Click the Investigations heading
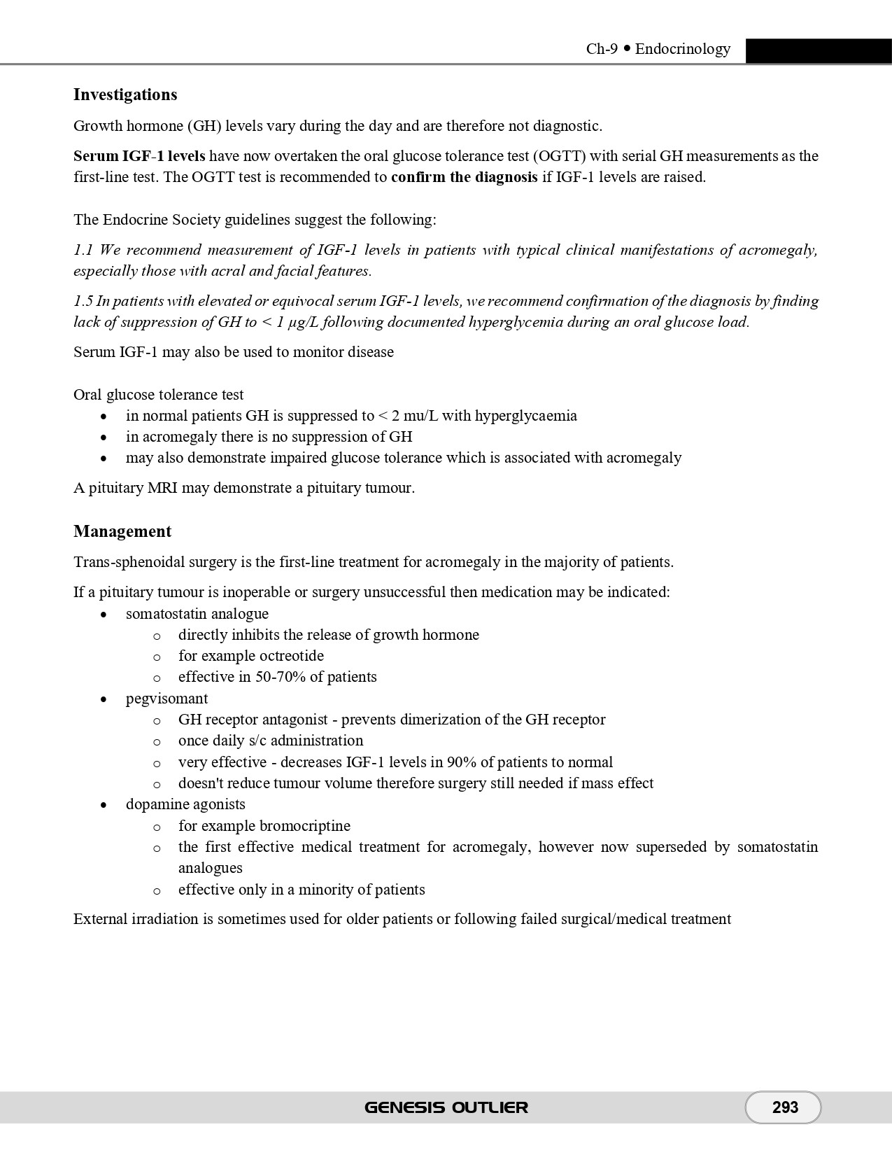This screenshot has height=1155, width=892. click(125, 94)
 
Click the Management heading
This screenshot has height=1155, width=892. click(122, 531)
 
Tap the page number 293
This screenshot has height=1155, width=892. click(785, 1107)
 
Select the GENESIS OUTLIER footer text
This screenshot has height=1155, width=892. click(446, 1107)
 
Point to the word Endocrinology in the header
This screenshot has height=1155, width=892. click(683, 49)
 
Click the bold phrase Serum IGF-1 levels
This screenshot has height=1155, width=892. click(139, 156)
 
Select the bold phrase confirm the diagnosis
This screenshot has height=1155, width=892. click(464, 177)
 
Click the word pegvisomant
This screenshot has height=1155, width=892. click(167, 699)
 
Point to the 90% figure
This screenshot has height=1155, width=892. click(462, 762)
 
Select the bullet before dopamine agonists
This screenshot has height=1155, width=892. click(104, 805)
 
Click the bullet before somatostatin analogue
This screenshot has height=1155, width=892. click(104, 615)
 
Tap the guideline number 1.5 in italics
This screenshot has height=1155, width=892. click(83, 302)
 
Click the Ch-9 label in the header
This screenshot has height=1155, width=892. click(602, 49)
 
